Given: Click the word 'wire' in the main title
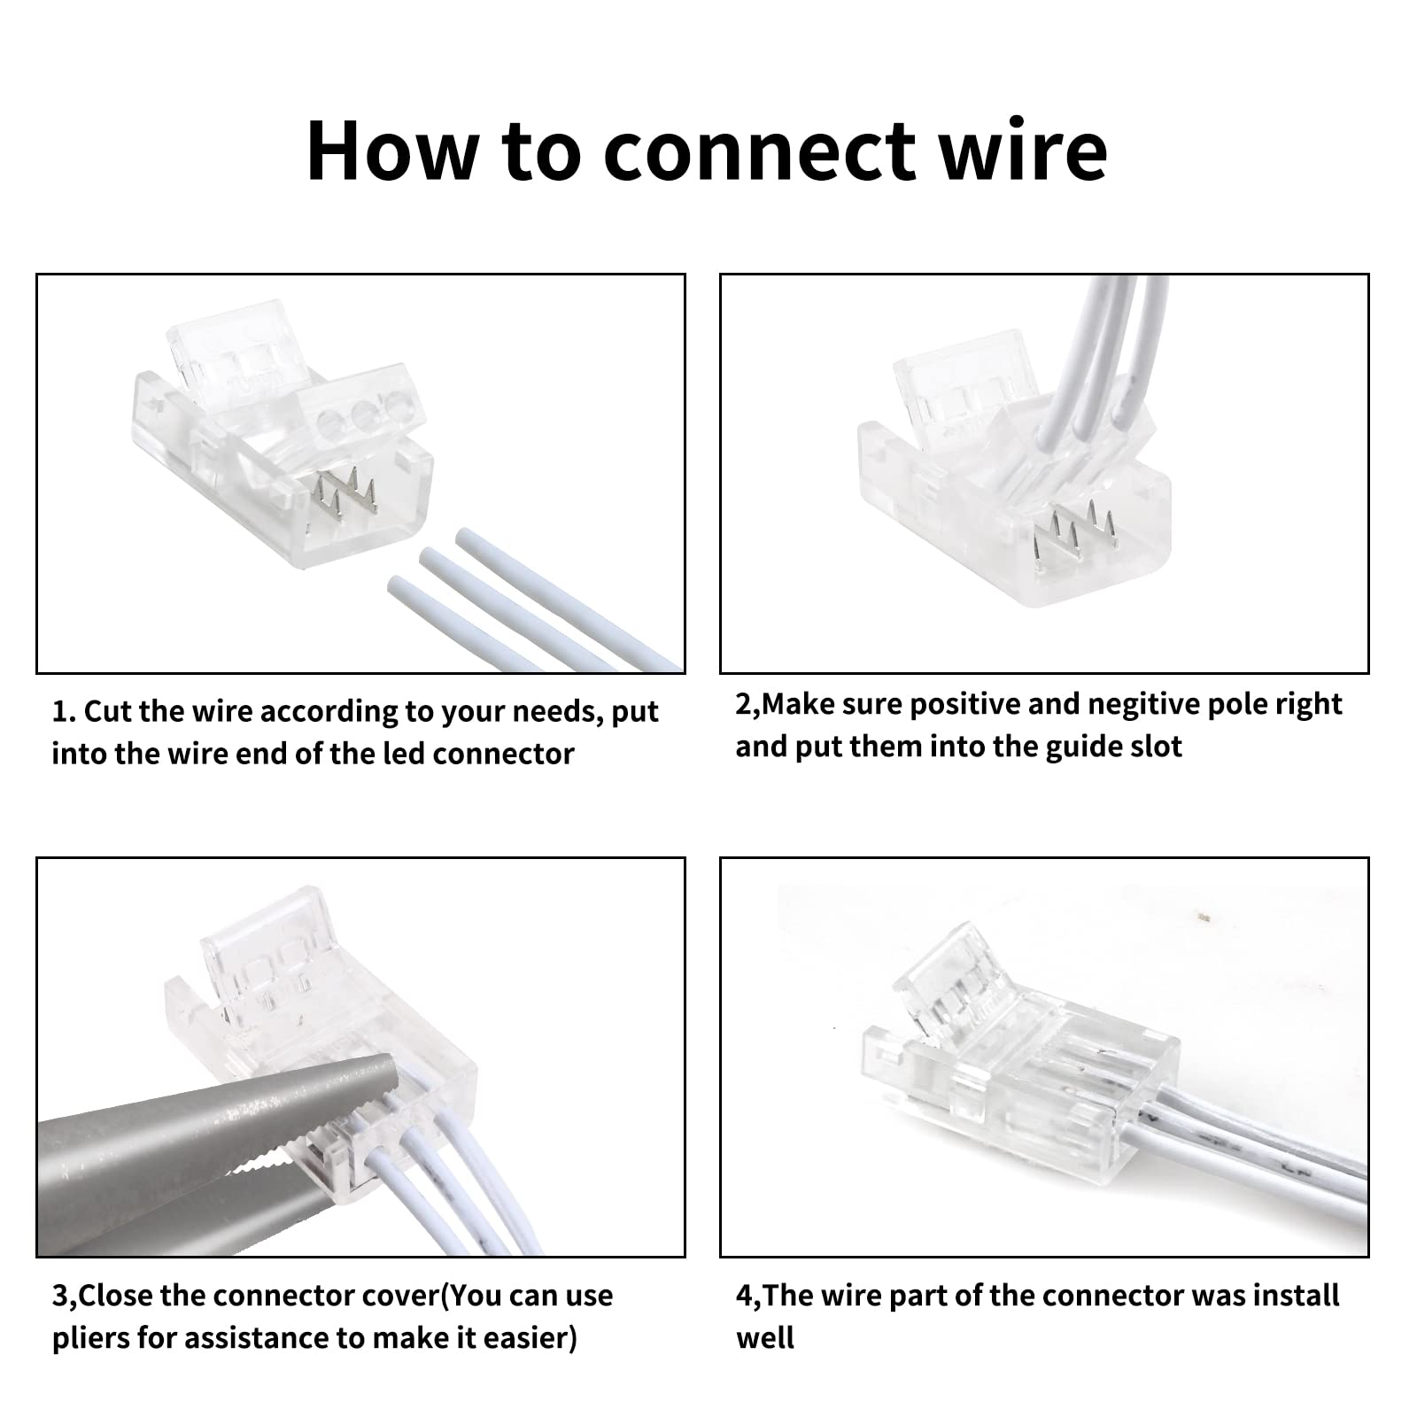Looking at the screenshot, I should [x=1016, y=151].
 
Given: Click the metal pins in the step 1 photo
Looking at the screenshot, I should [x=346, y=496].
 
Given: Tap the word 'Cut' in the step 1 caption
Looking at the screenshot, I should [x=108, y=712].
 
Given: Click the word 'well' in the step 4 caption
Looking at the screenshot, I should [x=764, y=1337].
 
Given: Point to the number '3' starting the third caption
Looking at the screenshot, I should [x=59, y=1296].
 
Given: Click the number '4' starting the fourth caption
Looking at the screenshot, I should [x=743, y=1296].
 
